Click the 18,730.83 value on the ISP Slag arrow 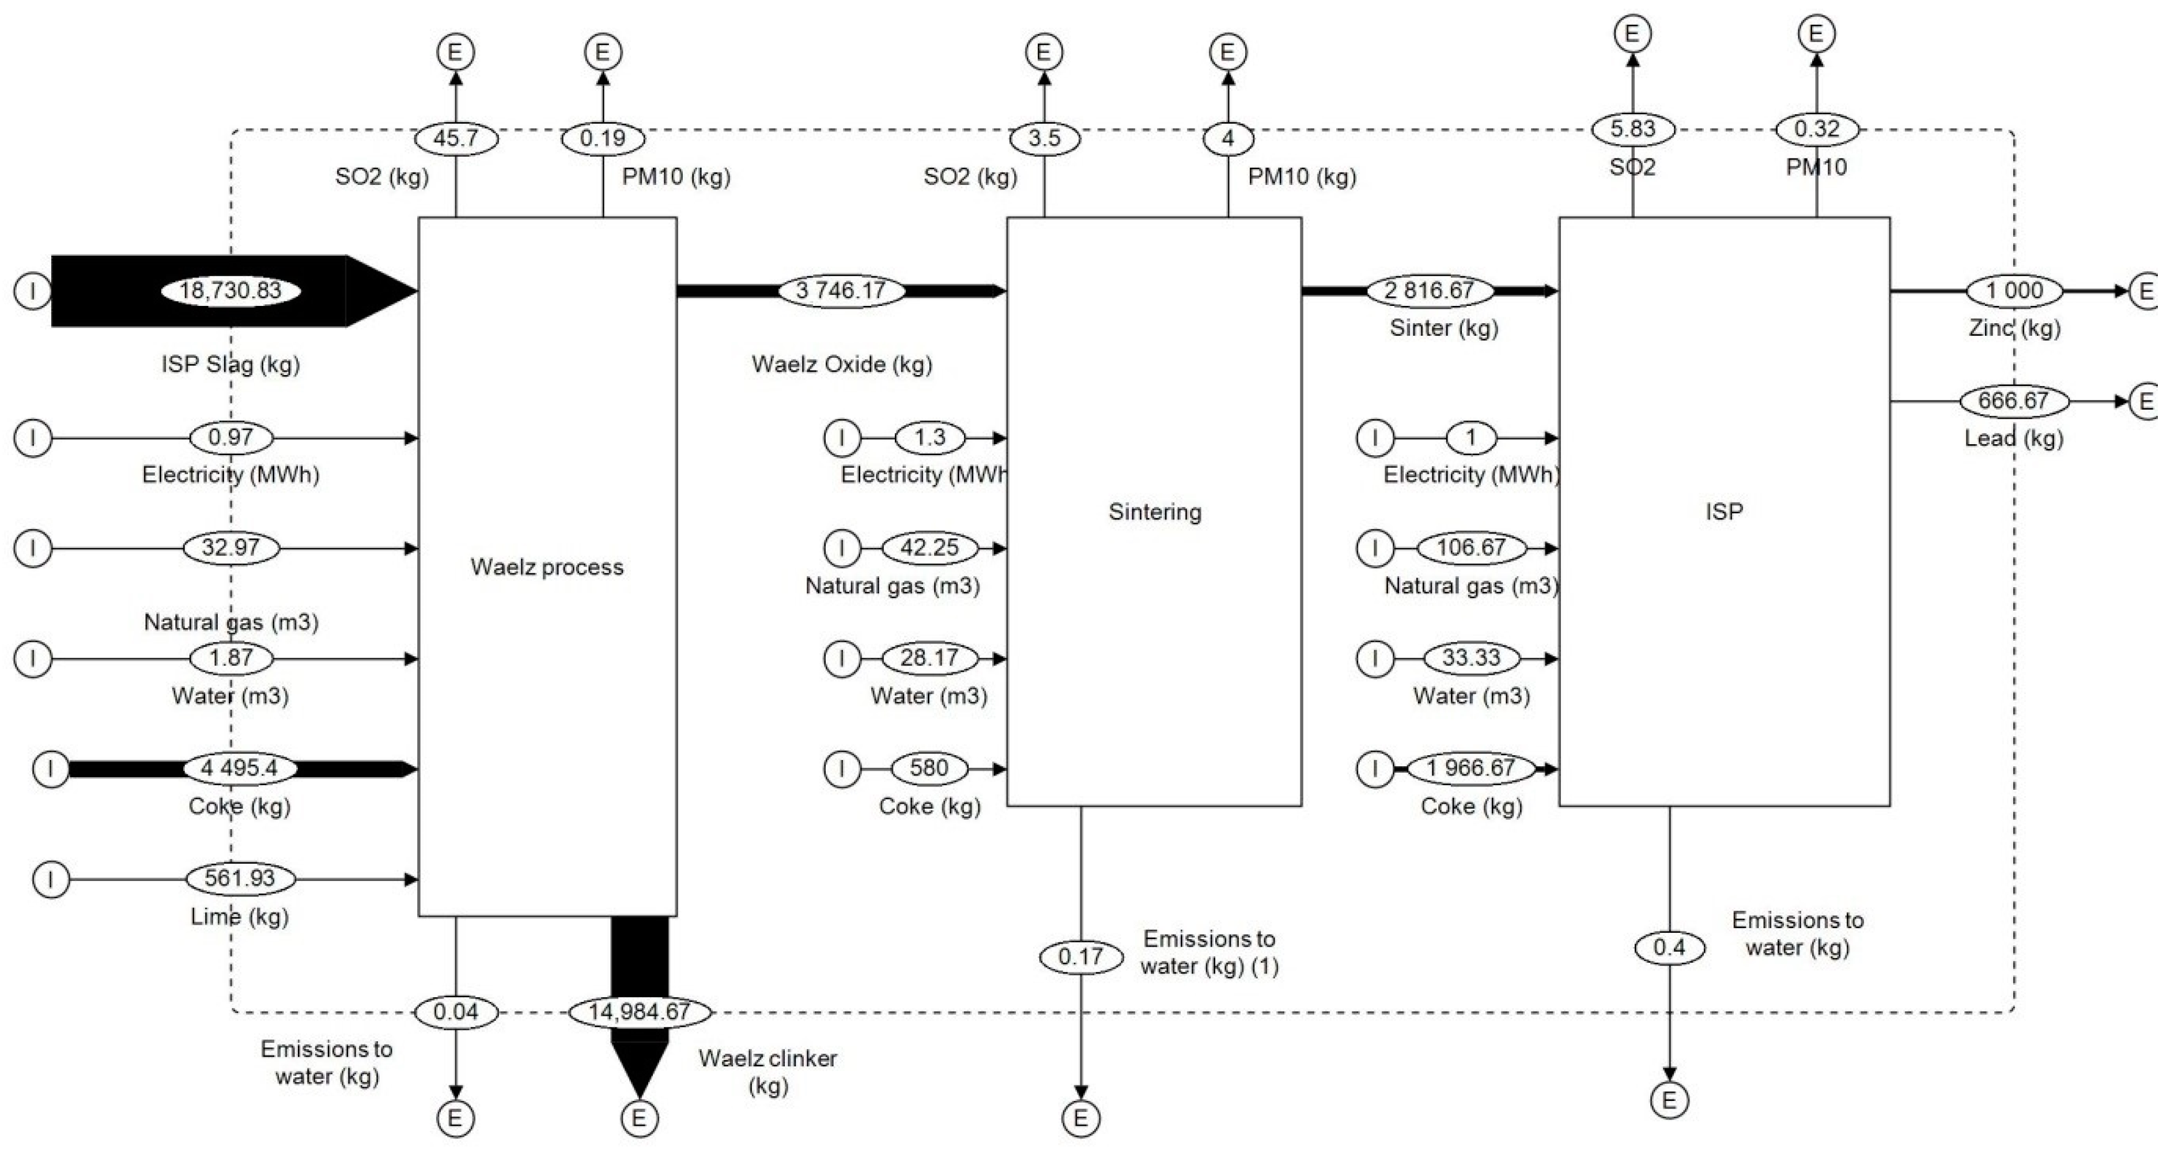click(230, 291)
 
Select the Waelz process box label click(547, 567)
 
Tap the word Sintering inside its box click(1155, 512)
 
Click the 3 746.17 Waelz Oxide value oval click(841, 291)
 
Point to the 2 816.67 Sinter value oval click(1429, 291)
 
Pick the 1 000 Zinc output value click(2014, 291)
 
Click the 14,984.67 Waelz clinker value click(639, 1012)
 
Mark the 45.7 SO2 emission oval click(456, 138)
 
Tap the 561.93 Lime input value click(240, 878)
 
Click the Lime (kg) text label click(240, 917)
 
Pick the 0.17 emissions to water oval click(1080, 956)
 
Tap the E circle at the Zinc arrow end click(2147, 291)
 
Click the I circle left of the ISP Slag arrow click(33, 291)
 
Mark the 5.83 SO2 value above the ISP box click(1632, 129)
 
